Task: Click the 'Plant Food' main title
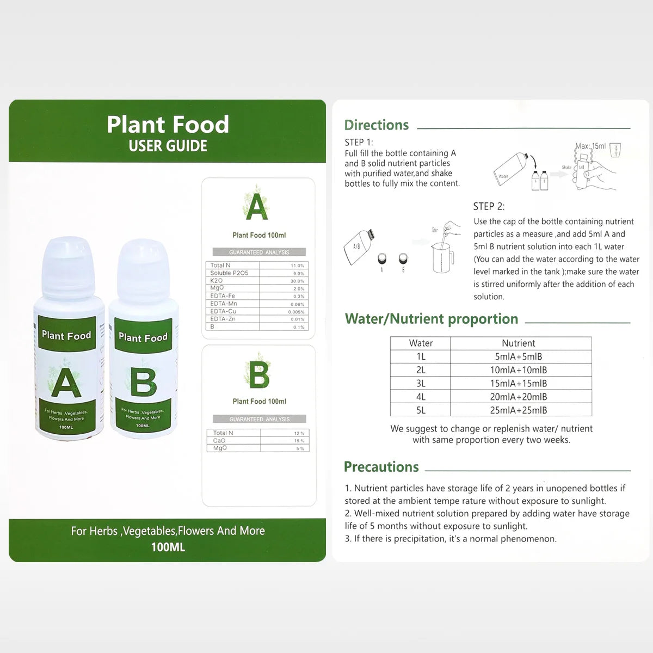click(x=168, y=125)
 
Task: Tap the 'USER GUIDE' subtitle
click(x=168, y=146)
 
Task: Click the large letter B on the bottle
click(x=143, y=382)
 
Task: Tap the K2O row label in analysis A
click(x=217, y=281)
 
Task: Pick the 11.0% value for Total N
click(x=297, y=266)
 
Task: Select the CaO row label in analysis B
click(x=219, y=441)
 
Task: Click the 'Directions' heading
click(x=376, y=125)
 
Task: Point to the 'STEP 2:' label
click(x=489, y=206)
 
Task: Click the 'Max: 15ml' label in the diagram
click(x=590, y=146)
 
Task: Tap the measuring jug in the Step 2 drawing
click(x=442, y=257)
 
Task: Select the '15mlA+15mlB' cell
click(x=518, y=384)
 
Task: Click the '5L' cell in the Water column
click(x=421, y=410)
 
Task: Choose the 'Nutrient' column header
click(x=518, y=343)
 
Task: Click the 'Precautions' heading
click(x=381, y=467)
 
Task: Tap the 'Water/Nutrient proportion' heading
click(x=431, y=319)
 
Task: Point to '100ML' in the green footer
click(x=168, y=547)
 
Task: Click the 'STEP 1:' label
click(x=359, y=142)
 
